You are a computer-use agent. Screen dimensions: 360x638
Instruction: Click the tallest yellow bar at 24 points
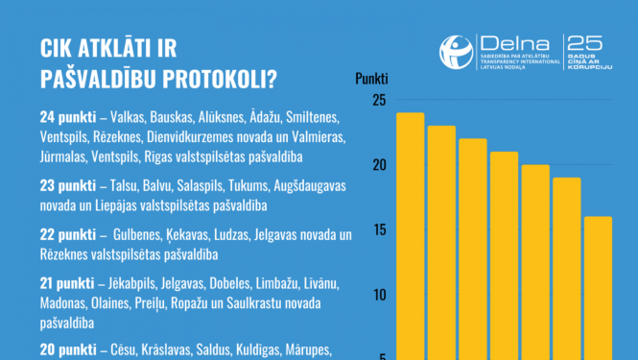coord(411,235)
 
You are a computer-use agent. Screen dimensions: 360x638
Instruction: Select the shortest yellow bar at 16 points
coord(598,287)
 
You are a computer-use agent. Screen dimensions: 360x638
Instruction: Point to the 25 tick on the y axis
coord(378,100)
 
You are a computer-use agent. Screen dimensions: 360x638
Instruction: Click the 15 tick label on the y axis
coord(378,229)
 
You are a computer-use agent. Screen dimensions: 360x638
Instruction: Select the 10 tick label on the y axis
coord(378,294)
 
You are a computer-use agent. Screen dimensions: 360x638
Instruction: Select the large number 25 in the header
coord(585,43)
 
